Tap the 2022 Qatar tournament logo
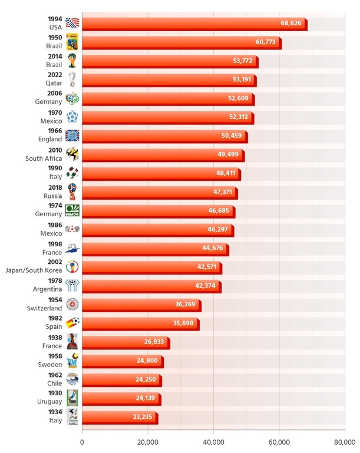tap(72, 80)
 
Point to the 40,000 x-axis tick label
tap(213, 442)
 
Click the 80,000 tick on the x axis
tap(345, 442)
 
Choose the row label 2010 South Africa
tap(45, 154)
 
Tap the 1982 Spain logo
tap(72, 323)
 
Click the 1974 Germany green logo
tap(72, 211)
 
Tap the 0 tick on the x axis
tap(82, 442)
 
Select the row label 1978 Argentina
tap(47, 285)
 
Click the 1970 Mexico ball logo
tap(72, 117)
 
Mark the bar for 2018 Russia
tap(159, 192)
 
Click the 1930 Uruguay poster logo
tap(72, 398)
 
